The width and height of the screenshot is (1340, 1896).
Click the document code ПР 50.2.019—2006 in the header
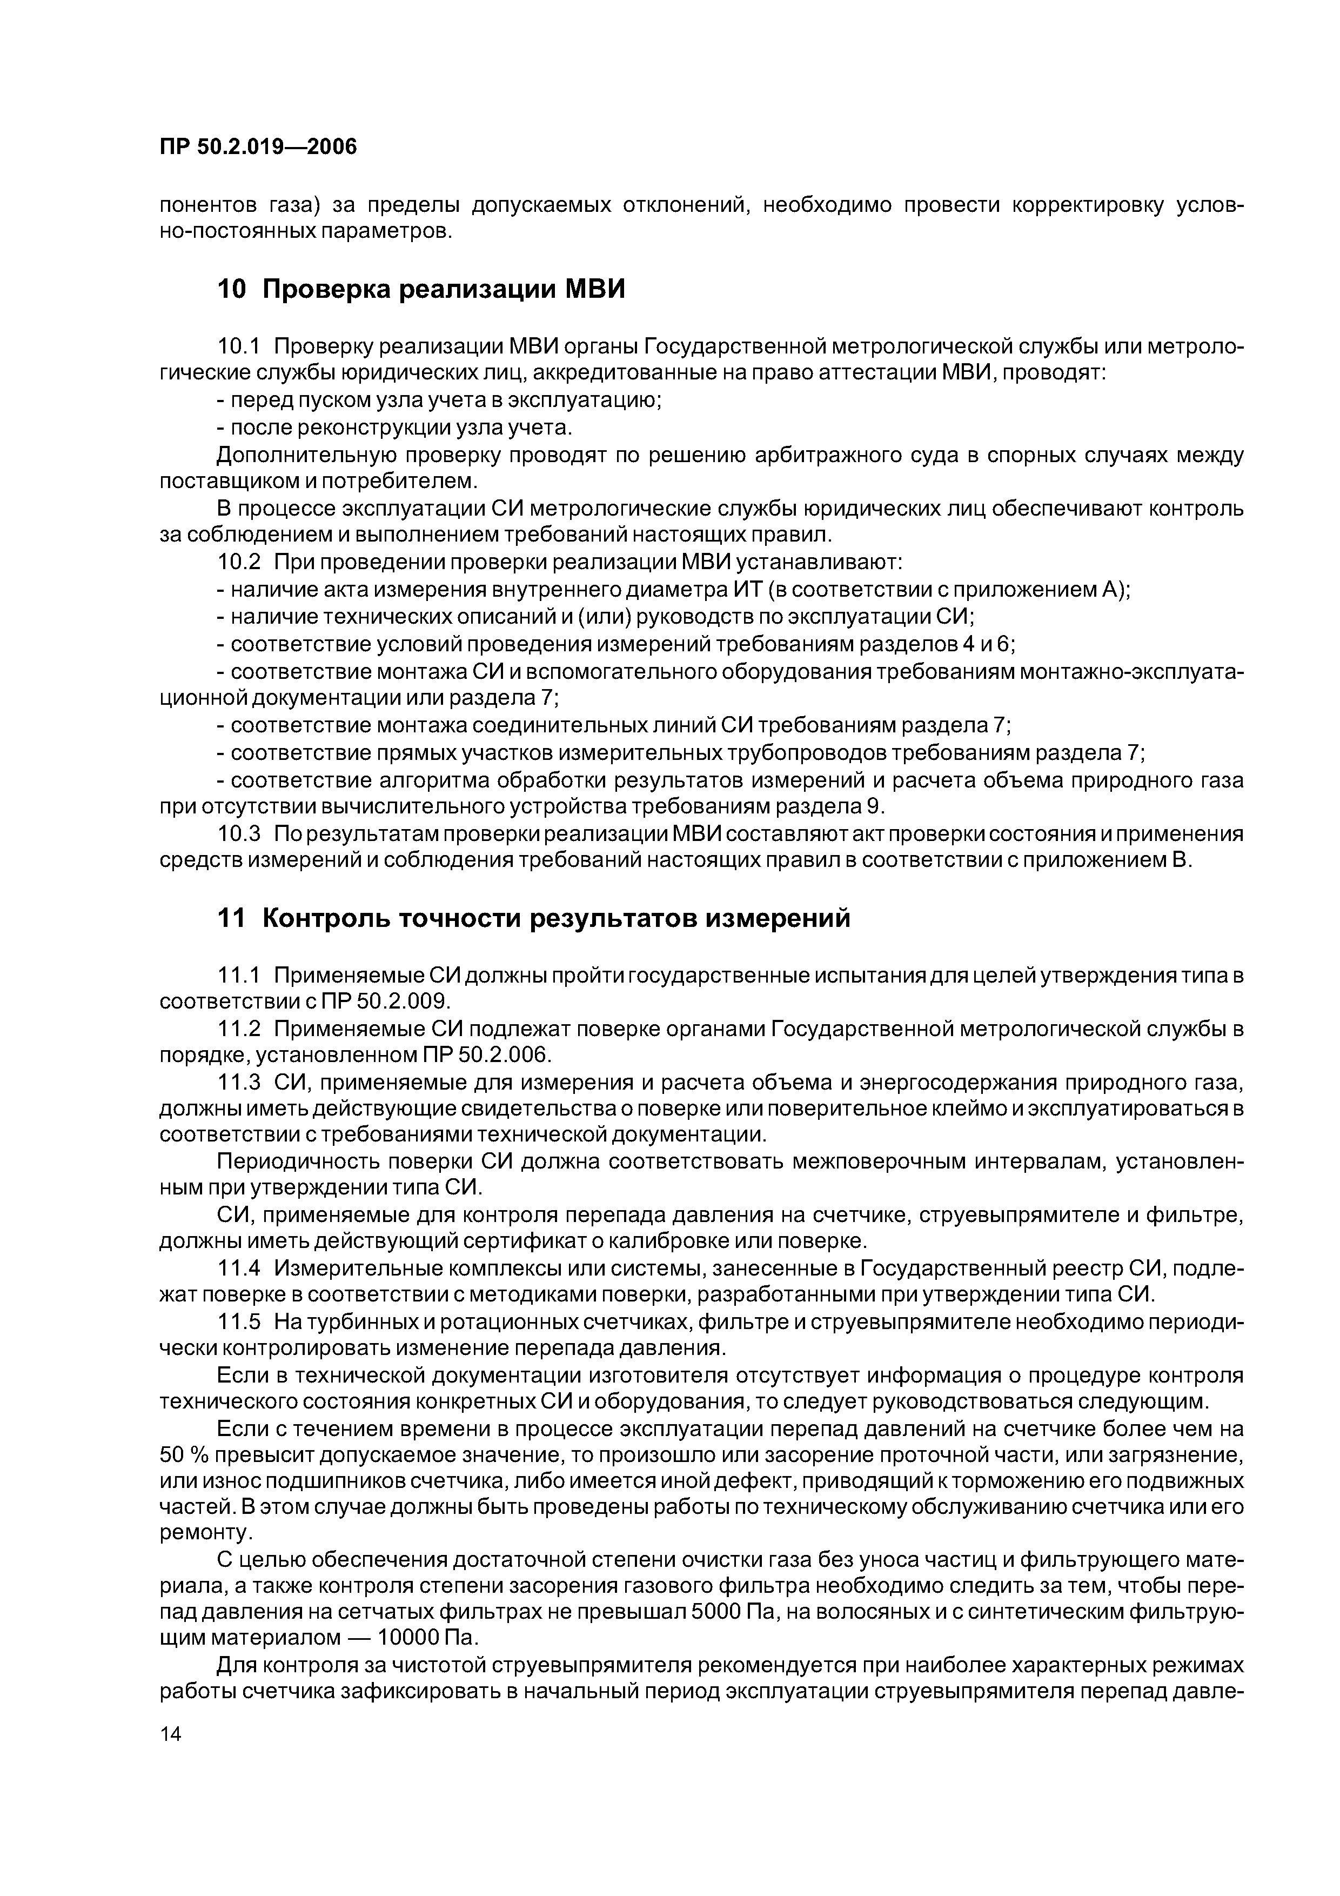tap(258, 147)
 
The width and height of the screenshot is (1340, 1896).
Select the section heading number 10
tap(231, 290)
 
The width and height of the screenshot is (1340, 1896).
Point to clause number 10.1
tap(238, 346)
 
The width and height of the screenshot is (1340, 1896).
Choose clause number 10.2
tap(238, 562)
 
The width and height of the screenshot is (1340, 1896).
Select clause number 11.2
tap(238, 1029)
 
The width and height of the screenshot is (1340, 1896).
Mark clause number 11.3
tap(238, 1083)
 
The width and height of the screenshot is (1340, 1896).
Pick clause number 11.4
tap(238, 1267)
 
